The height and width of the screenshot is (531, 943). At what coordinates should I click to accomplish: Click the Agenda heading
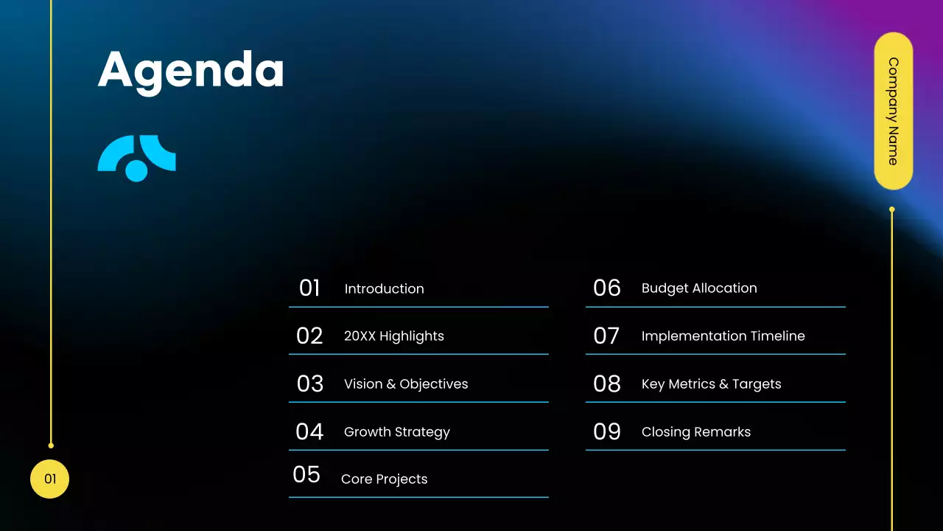point(191,72)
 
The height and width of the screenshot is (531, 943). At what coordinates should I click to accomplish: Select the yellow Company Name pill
point(893,111)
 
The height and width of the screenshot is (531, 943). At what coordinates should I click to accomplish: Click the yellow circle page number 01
point(49,479)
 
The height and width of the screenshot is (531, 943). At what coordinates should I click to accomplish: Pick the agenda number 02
point(309,336)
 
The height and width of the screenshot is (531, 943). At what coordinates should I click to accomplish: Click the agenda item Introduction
point(384,289)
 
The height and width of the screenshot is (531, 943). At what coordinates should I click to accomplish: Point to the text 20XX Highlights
point(393,336)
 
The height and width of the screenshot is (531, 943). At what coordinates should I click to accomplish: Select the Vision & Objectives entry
point(405,384)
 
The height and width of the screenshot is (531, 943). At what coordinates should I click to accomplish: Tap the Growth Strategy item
point(396,432)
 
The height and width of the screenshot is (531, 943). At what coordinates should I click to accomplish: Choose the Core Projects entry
point(384,479)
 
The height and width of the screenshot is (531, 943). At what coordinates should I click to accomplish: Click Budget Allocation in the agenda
point(698,288)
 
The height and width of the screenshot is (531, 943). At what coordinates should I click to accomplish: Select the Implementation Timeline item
point(723,336)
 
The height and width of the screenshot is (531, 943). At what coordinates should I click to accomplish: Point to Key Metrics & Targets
point(711,384)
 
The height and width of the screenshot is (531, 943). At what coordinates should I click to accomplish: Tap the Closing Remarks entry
point(695,432)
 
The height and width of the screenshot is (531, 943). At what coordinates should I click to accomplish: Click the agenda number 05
point(306,475)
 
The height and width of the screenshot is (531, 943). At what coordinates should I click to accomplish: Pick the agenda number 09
point(607,431)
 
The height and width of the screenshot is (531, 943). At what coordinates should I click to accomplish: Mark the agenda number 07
point(606,336)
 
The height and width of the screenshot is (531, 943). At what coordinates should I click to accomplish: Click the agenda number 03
point(310,384)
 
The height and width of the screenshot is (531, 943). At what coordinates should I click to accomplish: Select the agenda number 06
point(607,288)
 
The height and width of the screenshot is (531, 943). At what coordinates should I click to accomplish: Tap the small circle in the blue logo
point(136,170)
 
